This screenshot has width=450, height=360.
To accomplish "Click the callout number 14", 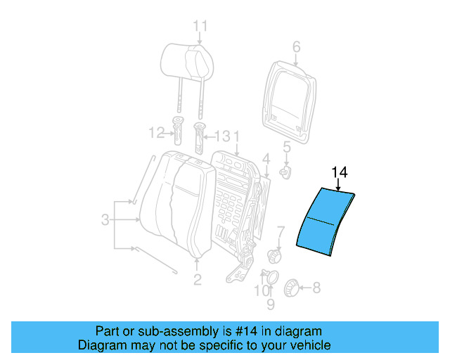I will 340,172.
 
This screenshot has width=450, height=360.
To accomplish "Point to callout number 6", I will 296,47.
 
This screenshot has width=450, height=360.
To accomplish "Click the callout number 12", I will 155,131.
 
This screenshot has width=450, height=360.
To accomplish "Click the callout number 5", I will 286,146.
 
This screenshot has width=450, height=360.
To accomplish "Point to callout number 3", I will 105,220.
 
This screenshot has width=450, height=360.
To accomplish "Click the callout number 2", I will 197,280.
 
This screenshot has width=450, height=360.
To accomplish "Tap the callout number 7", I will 280,231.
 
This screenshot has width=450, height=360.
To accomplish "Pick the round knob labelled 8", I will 290,287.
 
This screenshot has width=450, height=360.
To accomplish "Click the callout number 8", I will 316,287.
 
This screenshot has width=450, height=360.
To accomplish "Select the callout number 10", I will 261,290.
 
